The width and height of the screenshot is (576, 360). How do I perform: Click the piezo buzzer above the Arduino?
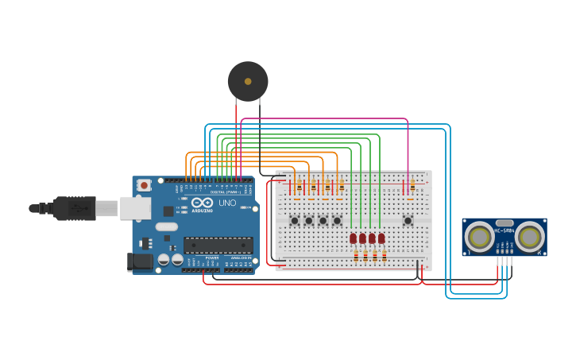[x=248, y=81]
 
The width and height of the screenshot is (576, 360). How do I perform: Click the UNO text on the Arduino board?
[x=227, y=203]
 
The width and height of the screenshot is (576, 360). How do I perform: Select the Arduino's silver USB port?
[x=135, y=208]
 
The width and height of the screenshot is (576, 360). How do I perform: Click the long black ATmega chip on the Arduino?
[x=218, y=245]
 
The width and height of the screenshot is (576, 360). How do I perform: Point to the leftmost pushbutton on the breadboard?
[x=295, y=220]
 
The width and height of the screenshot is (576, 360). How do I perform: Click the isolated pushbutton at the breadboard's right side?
[x=408, y=220]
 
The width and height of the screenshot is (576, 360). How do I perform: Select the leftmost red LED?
[x=353, y=238]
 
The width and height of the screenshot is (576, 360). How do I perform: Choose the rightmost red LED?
[x=381, y=238]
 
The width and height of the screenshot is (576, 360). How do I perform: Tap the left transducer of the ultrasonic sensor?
[x=479, y=236]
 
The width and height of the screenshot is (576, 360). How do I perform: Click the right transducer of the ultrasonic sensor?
[x=529, y=236]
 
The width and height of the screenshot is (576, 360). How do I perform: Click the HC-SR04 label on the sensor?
[x=504, y=231]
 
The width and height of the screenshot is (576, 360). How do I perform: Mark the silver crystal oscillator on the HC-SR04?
[x=504, y=223]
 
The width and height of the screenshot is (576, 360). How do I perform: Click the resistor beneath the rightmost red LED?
[x=385, y=255]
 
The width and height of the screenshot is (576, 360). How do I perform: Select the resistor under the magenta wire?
[x=412, y=185]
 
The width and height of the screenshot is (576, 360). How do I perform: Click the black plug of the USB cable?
[x=75, y=208]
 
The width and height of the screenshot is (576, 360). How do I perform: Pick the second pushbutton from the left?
[x=309, y=220]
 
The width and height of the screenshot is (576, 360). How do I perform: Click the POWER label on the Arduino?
[x=212, y=258]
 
